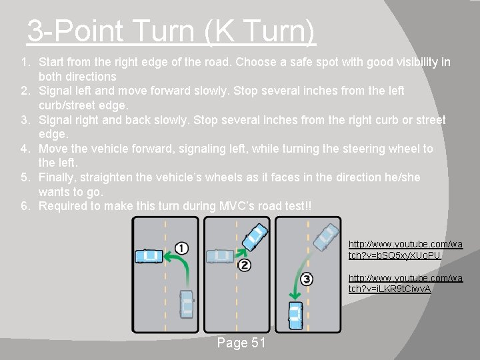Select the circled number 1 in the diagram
coord(181,248)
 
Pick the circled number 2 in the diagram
coord(244,265)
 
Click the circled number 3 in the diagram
coord(307,279)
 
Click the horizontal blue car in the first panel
coord(149,256)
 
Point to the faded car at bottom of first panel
coord(187,304)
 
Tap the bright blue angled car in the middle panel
coord(255,237)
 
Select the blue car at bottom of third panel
coord(296,315)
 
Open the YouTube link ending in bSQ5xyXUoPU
coord(405,249)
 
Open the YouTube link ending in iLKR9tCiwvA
coord(405,283)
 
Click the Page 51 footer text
coord(241,343)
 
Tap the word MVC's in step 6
coord(236,206)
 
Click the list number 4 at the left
coord(25,149)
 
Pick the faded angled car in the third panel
coord(326,237)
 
